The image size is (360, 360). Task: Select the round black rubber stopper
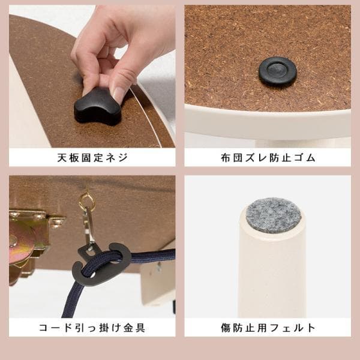tap(277, 71)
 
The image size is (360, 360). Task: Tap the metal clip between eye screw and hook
tap(88, 231)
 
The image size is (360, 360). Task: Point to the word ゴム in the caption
tap(302, 158)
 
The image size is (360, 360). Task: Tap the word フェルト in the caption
tap(292, 328)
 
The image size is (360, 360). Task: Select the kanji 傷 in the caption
tap(226, 328)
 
